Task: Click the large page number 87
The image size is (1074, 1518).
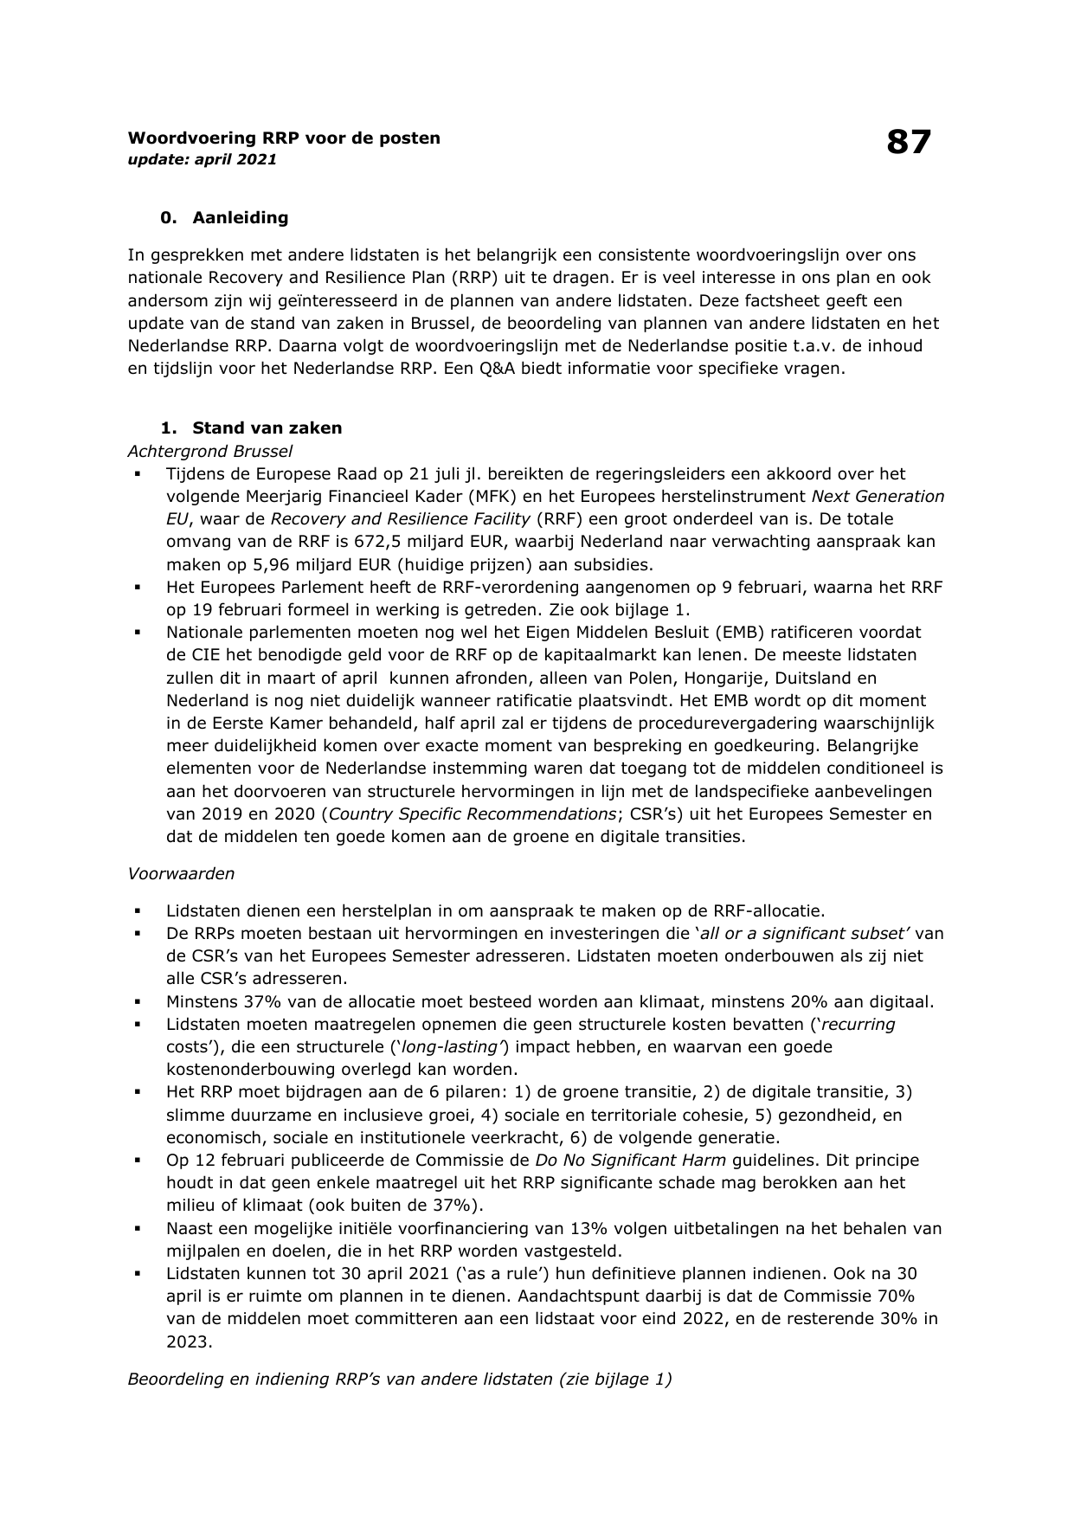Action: pyautogui.click(x=908, y=142)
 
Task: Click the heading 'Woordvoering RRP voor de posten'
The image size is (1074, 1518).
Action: pyautogui.click(x=284, y=138)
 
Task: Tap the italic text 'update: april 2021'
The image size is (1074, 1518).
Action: pyautogui.click(x=203, y=159)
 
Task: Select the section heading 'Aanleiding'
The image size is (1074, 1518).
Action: pyautogui.click(x=240, y=217)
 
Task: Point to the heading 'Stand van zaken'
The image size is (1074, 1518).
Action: pyautogui.click(x=267, y=428)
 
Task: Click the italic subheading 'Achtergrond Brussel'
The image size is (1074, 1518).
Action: pyautogui.click(x=209, y=451)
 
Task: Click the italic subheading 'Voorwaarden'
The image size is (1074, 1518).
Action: pyautogui.click(x=181, y=873)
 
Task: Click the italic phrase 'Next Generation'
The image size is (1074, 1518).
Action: pyautogui.click(x=878, y=497)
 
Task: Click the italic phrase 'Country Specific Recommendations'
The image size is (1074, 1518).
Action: pyautogui.click(x=473, y=814)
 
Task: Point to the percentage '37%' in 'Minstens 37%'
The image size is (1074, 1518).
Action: pyautogui.click(x=247, y=1001)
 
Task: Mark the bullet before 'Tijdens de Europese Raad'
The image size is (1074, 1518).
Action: pyautogui.click(x=137, y=474)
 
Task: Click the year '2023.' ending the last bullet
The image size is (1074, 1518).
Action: pyautogui.click(x=189, y=1341)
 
